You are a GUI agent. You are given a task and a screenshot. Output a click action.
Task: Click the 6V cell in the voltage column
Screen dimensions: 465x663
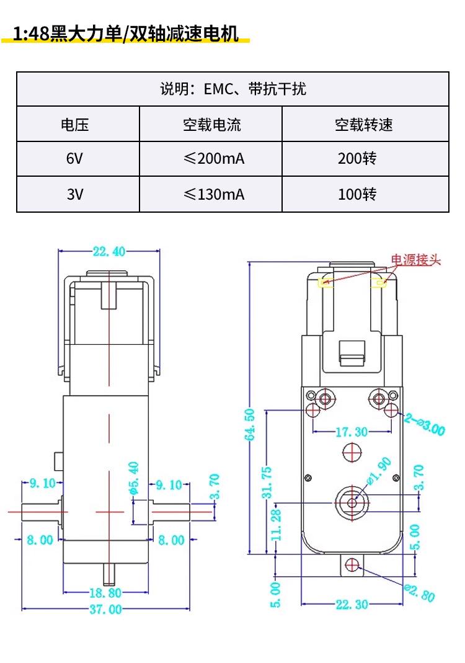pos(74,159)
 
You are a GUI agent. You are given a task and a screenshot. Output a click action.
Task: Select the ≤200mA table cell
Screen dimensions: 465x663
pos(214,159)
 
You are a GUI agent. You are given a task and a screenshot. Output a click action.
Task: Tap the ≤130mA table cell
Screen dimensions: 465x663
pos(214,194)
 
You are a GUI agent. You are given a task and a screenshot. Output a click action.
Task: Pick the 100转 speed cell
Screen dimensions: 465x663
pos(357,194)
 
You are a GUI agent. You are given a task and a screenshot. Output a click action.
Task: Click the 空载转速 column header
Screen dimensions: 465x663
pos(363,124)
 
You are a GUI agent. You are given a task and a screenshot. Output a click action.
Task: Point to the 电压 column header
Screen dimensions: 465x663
pos(74,124)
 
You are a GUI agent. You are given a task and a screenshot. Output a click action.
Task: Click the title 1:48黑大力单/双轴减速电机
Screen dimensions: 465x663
pos(126,33)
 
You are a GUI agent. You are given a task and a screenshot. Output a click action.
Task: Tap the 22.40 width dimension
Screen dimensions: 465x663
pos(109,252)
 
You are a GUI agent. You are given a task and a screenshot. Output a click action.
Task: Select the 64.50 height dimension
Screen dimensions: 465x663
pos(250,424)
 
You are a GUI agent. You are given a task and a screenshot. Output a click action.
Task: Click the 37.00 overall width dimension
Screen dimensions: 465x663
pos(105,609)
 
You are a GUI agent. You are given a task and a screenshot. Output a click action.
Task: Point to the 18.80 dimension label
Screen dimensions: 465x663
pos(105,593)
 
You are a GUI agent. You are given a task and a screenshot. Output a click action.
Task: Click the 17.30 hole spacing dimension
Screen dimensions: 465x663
pos(352,432)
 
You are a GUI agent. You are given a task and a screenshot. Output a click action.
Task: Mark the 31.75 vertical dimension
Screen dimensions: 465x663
pos(267,483)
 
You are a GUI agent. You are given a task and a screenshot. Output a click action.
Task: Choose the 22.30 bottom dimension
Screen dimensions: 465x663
pos(352,605)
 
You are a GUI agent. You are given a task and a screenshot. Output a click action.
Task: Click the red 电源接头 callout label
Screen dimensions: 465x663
pos(415,260)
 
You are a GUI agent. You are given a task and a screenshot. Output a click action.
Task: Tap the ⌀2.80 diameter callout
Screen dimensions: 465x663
pos(419,592)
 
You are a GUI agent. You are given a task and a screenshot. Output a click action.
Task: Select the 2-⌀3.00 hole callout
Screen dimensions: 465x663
pos(425,424)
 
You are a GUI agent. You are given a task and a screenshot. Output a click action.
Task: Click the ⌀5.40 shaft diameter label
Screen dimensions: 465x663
pos(133,478)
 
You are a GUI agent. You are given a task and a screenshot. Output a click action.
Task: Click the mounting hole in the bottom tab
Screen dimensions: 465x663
pos(352,564)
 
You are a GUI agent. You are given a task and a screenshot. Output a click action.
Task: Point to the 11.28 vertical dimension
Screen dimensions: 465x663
pos(276,525)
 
